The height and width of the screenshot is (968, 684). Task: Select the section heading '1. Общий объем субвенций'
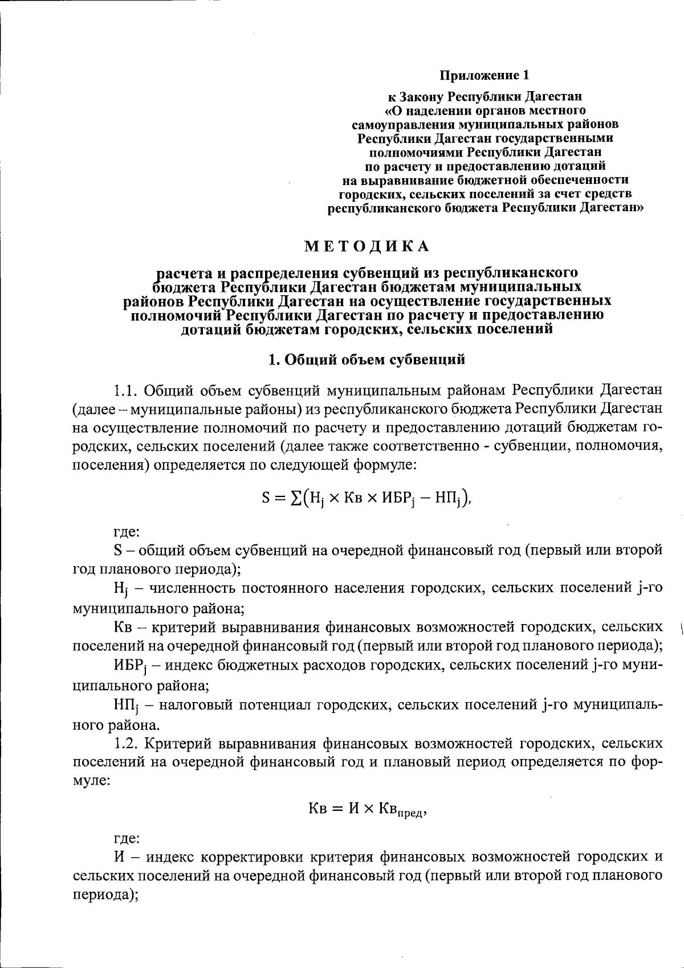click(367, 359)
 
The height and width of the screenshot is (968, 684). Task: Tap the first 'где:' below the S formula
click(125, 533)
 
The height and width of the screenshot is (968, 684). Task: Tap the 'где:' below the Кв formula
click(125, 839)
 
